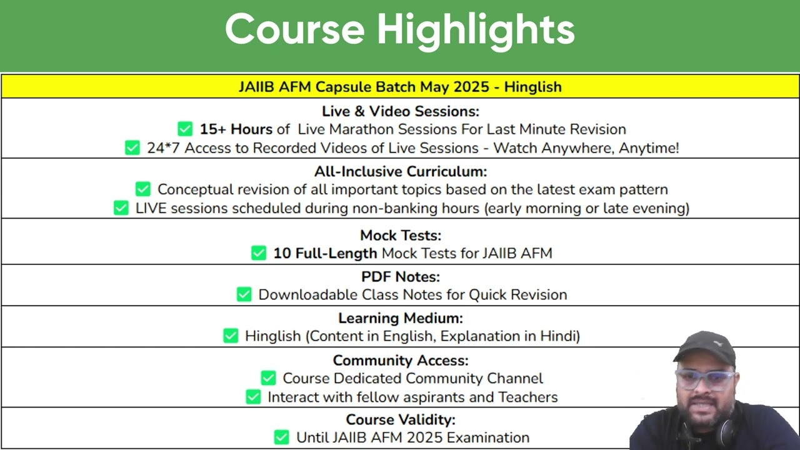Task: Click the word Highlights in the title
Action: pyautogui.click(x=476, y=31)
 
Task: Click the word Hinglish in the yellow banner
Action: pyautogui.click(x=533, y=87)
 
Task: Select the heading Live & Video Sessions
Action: pyautogui.click(x=401, y=111)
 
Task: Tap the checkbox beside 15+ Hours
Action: pyautogui.click(x=185, y=129)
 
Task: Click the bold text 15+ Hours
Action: pyautogui.click(x=236, y=129)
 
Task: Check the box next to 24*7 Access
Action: pyautogui.click(x=132, y=148)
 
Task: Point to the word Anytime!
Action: pyautogui.click(x=649, y=148)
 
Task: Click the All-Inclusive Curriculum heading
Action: pyautogui.click(x=401, y=172)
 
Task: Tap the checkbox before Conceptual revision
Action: pyautogui.click(x=143, y=189)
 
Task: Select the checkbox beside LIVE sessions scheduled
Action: pyautogui.click(x=121, y=208)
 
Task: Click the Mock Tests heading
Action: pyautogui.click(x=401, y=236)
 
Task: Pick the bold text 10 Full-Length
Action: pyautogui.click(x=325, y=254)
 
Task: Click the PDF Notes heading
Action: pyautogui.click(x=401, y=277)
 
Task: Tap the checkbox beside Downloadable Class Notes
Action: pyautogui.click(x=244, y=294)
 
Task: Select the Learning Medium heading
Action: pyautogui.click(x=401, y=318)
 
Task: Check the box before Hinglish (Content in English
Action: pyautogui.click(x=231, y=336)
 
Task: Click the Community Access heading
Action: pyautogui.click(x=401, y=361)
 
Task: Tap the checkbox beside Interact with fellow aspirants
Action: pyautogui.click(x=253, y=397)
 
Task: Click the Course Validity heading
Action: pyautogui.click(x=401, y=419)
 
